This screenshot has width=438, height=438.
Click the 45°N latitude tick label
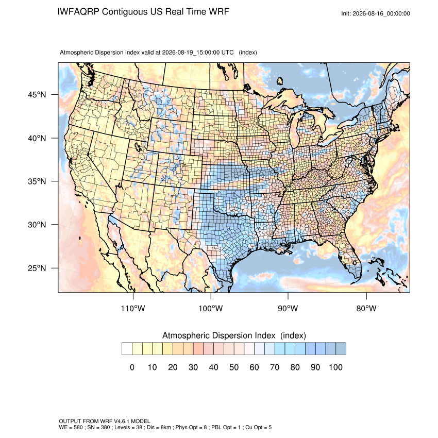click(37, 95)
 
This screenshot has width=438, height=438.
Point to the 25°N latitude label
click(37, 268)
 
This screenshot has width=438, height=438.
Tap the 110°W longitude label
click(133, 309)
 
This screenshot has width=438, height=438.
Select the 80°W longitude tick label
click(366, 309)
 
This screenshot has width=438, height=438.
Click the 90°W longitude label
click(288, 309)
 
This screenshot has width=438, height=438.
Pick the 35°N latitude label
click(37, 181)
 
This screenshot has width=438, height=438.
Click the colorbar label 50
click(234, 367)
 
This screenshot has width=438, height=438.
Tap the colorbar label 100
click(335, 367)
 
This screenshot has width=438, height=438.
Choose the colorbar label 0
click(132, 367)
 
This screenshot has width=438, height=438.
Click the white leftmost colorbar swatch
click(127, 349)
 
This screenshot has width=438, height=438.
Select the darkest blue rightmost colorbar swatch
click(341, 349)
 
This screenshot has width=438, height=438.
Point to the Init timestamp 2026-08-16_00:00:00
click(381, 13)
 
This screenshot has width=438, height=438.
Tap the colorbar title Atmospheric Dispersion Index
click(218, 335)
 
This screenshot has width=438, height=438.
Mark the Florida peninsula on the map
click(350, 257)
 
